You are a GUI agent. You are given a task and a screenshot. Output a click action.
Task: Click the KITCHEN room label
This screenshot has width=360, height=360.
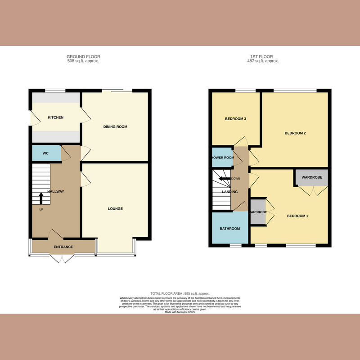pyautogui.click(x=56, y=117)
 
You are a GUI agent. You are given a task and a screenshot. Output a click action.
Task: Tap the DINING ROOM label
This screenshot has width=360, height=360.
pyautogui.click(x=116, y=127)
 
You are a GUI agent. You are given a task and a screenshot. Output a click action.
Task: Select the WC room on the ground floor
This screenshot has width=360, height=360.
pyautogui.click(x=45, y=153)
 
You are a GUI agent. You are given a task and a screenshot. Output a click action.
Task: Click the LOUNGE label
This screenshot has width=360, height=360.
pyautogui.click(x=116, y=209)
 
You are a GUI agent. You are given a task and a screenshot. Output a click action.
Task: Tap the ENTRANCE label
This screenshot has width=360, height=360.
pyautogui.click(x=63, y=247)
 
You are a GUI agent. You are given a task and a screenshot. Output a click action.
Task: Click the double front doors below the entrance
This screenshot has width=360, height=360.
pyautogui.click(x=62, y=258)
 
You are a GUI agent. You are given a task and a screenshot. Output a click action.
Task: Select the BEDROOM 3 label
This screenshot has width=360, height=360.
pyautogui.click(x=235, y=119)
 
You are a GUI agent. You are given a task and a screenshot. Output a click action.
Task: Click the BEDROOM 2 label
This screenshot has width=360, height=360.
pyautogui.click(x=295, y=133)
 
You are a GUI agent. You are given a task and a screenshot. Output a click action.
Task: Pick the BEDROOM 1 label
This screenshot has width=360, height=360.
pyautogui.click(x=298, y=216)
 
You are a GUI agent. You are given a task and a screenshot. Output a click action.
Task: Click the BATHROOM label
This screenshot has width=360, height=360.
pyautogui.click(x=230, y=229)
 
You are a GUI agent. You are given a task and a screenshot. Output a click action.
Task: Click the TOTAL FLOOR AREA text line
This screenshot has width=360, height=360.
pyautogui.click(x=180, y=293)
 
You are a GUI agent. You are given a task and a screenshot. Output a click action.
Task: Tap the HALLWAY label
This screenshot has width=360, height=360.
pyautogui.click(x=56, y=192)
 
